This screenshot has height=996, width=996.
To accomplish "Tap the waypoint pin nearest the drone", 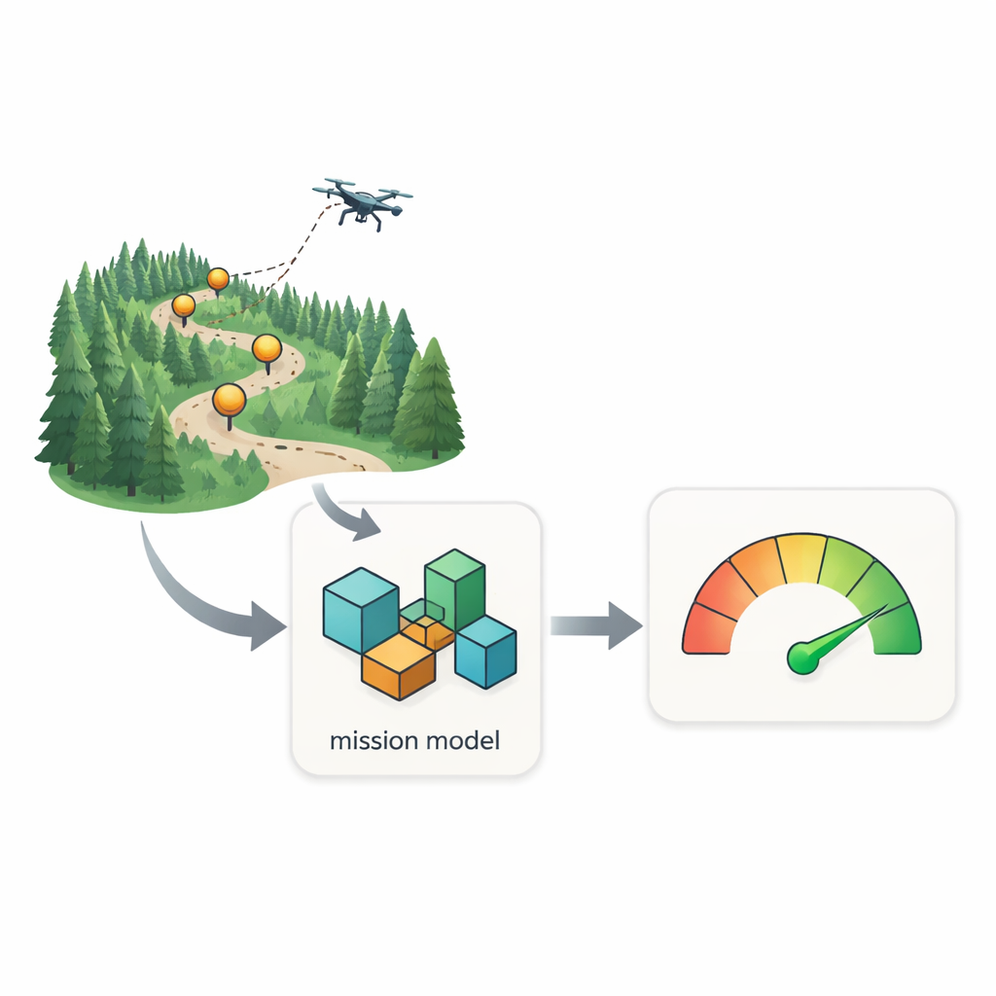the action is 218,280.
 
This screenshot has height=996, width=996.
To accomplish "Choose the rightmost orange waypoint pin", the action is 267,350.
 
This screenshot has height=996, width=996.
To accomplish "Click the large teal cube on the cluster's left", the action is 361,610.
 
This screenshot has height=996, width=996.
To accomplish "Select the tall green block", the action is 455,587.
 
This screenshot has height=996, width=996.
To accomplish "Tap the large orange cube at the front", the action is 399,667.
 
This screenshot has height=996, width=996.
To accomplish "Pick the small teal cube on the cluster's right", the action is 486,652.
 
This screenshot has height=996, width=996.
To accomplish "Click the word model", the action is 463,740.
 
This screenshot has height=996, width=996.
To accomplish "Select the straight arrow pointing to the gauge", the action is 596,625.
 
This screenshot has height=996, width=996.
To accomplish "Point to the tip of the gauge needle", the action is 886,605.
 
